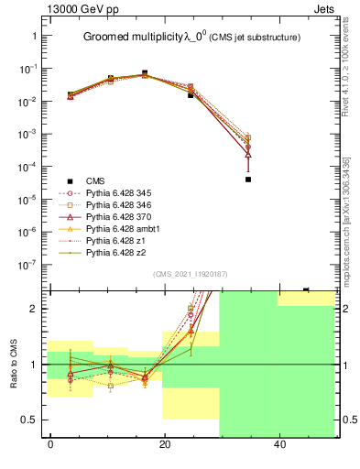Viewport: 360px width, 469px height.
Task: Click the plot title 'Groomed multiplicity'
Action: click(133, 37)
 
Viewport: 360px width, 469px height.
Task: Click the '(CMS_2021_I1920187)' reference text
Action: click(191, 273)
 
